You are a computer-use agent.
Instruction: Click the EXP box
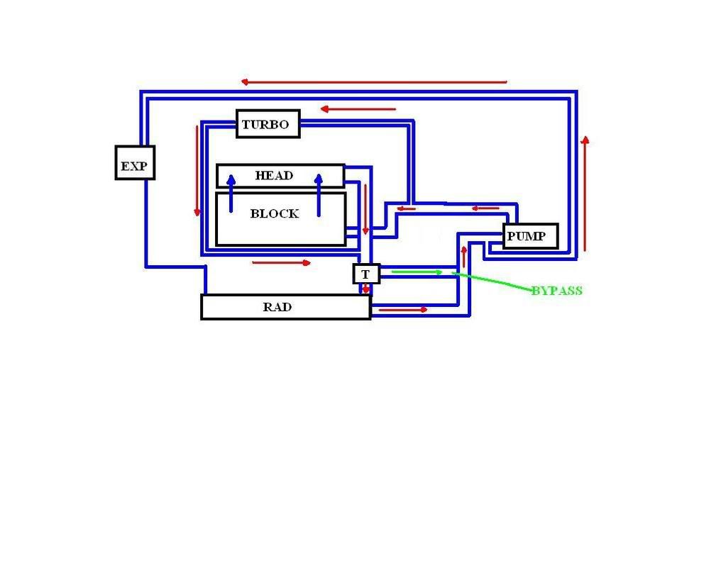click(135, 162)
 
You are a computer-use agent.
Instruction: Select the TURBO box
click(268, 124)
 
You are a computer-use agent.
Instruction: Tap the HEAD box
click(280, 176)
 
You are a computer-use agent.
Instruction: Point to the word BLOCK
click(274, 213)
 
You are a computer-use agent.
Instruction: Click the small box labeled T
click(366, 274)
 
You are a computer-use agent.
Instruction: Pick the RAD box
click(285, 307)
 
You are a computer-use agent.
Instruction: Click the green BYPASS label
click(556, 291)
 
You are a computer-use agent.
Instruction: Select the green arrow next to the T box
click(417, 272)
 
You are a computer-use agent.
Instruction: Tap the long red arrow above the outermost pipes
click(374, 82)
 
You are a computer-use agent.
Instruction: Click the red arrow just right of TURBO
click(358, 109)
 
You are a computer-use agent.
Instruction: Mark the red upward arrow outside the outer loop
click(585, 194)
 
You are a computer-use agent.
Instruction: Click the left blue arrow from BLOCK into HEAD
click(231, 193)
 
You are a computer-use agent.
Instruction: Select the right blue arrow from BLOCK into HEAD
click(319, 194)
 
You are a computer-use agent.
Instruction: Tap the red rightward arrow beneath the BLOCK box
click(282, 263)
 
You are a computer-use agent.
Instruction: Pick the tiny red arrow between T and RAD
click(366, 289)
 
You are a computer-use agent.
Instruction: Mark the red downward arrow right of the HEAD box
click(365, 209)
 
